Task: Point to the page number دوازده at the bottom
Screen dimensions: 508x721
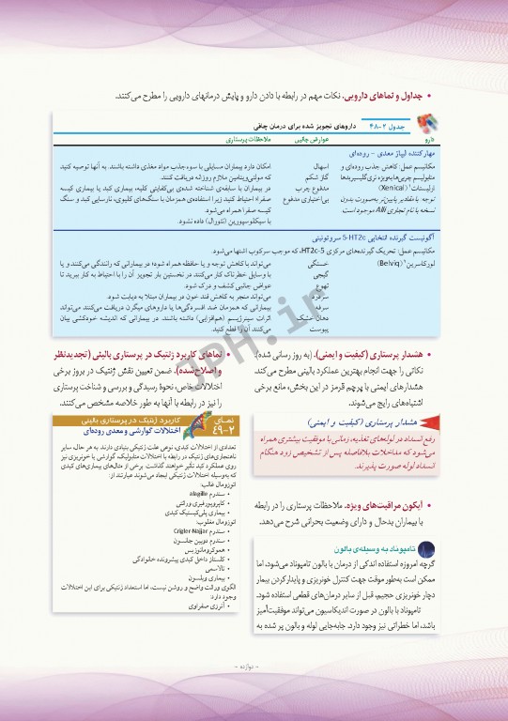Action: click(x=253, y=694)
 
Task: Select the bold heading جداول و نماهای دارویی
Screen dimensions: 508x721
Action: click(x=378, y=96)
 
